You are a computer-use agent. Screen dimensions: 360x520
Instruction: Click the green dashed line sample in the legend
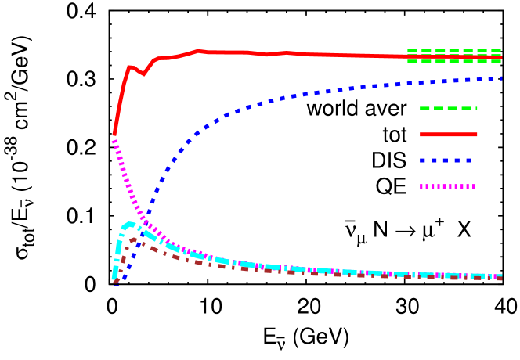448,108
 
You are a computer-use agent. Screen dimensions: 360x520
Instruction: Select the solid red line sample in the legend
448,135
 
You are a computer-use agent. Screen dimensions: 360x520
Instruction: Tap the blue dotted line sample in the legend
446,160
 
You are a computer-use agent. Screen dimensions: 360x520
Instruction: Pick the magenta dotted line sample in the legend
447,187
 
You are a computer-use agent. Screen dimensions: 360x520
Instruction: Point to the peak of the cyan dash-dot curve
129,225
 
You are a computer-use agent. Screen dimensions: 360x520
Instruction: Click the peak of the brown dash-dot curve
135,239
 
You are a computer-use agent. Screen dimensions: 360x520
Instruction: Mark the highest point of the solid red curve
199,50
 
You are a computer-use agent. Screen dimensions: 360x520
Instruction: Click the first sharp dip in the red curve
143,74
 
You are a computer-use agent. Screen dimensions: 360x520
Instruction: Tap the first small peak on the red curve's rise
130,67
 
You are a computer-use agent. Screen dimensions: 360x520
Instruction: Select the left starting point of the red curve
114,135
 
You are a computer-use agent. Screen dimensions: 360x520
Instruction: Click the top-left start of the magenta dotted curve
114,141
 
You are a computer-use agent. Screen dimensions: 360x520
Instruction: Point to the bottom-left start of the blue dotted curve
117,283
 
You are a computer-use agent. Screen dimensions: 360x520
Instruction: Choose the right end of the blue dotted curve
500,78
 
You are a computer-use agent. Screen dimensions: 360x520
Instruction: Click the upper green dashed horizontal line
454,50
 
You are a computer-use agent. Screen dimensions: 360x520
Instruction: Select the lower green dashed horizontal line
454,61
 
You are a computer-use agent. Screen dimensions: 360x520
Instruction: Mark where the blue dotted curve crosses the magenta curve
146,221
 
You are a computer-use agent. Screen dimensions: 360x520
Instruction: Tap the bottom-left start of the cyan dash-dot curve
114,278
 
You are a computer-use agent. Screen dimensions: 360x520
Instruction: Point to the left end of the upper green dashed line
408,50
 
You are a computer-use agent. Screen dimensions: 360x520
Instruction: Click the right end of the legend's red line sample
476,135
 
